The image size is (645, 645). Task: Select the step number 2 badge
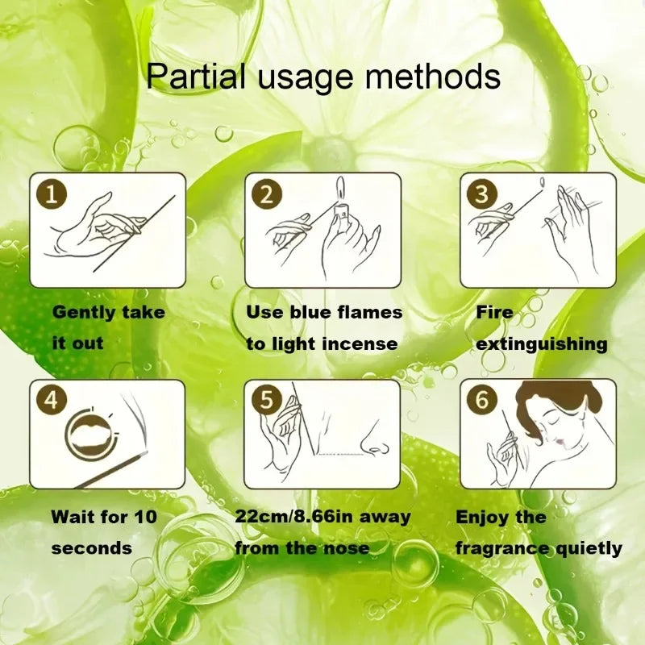click(267, 193)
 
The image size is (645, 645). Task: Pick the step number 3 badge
click(482, 193)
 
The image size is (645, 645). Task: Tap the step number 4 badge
click(51, 401)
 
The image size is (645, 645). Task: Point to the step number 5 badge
click(267, 401)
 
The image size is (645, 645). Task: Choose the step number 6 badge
click(482, 401)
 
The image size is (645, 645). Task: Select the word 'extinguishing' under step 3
click(541, 343)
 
